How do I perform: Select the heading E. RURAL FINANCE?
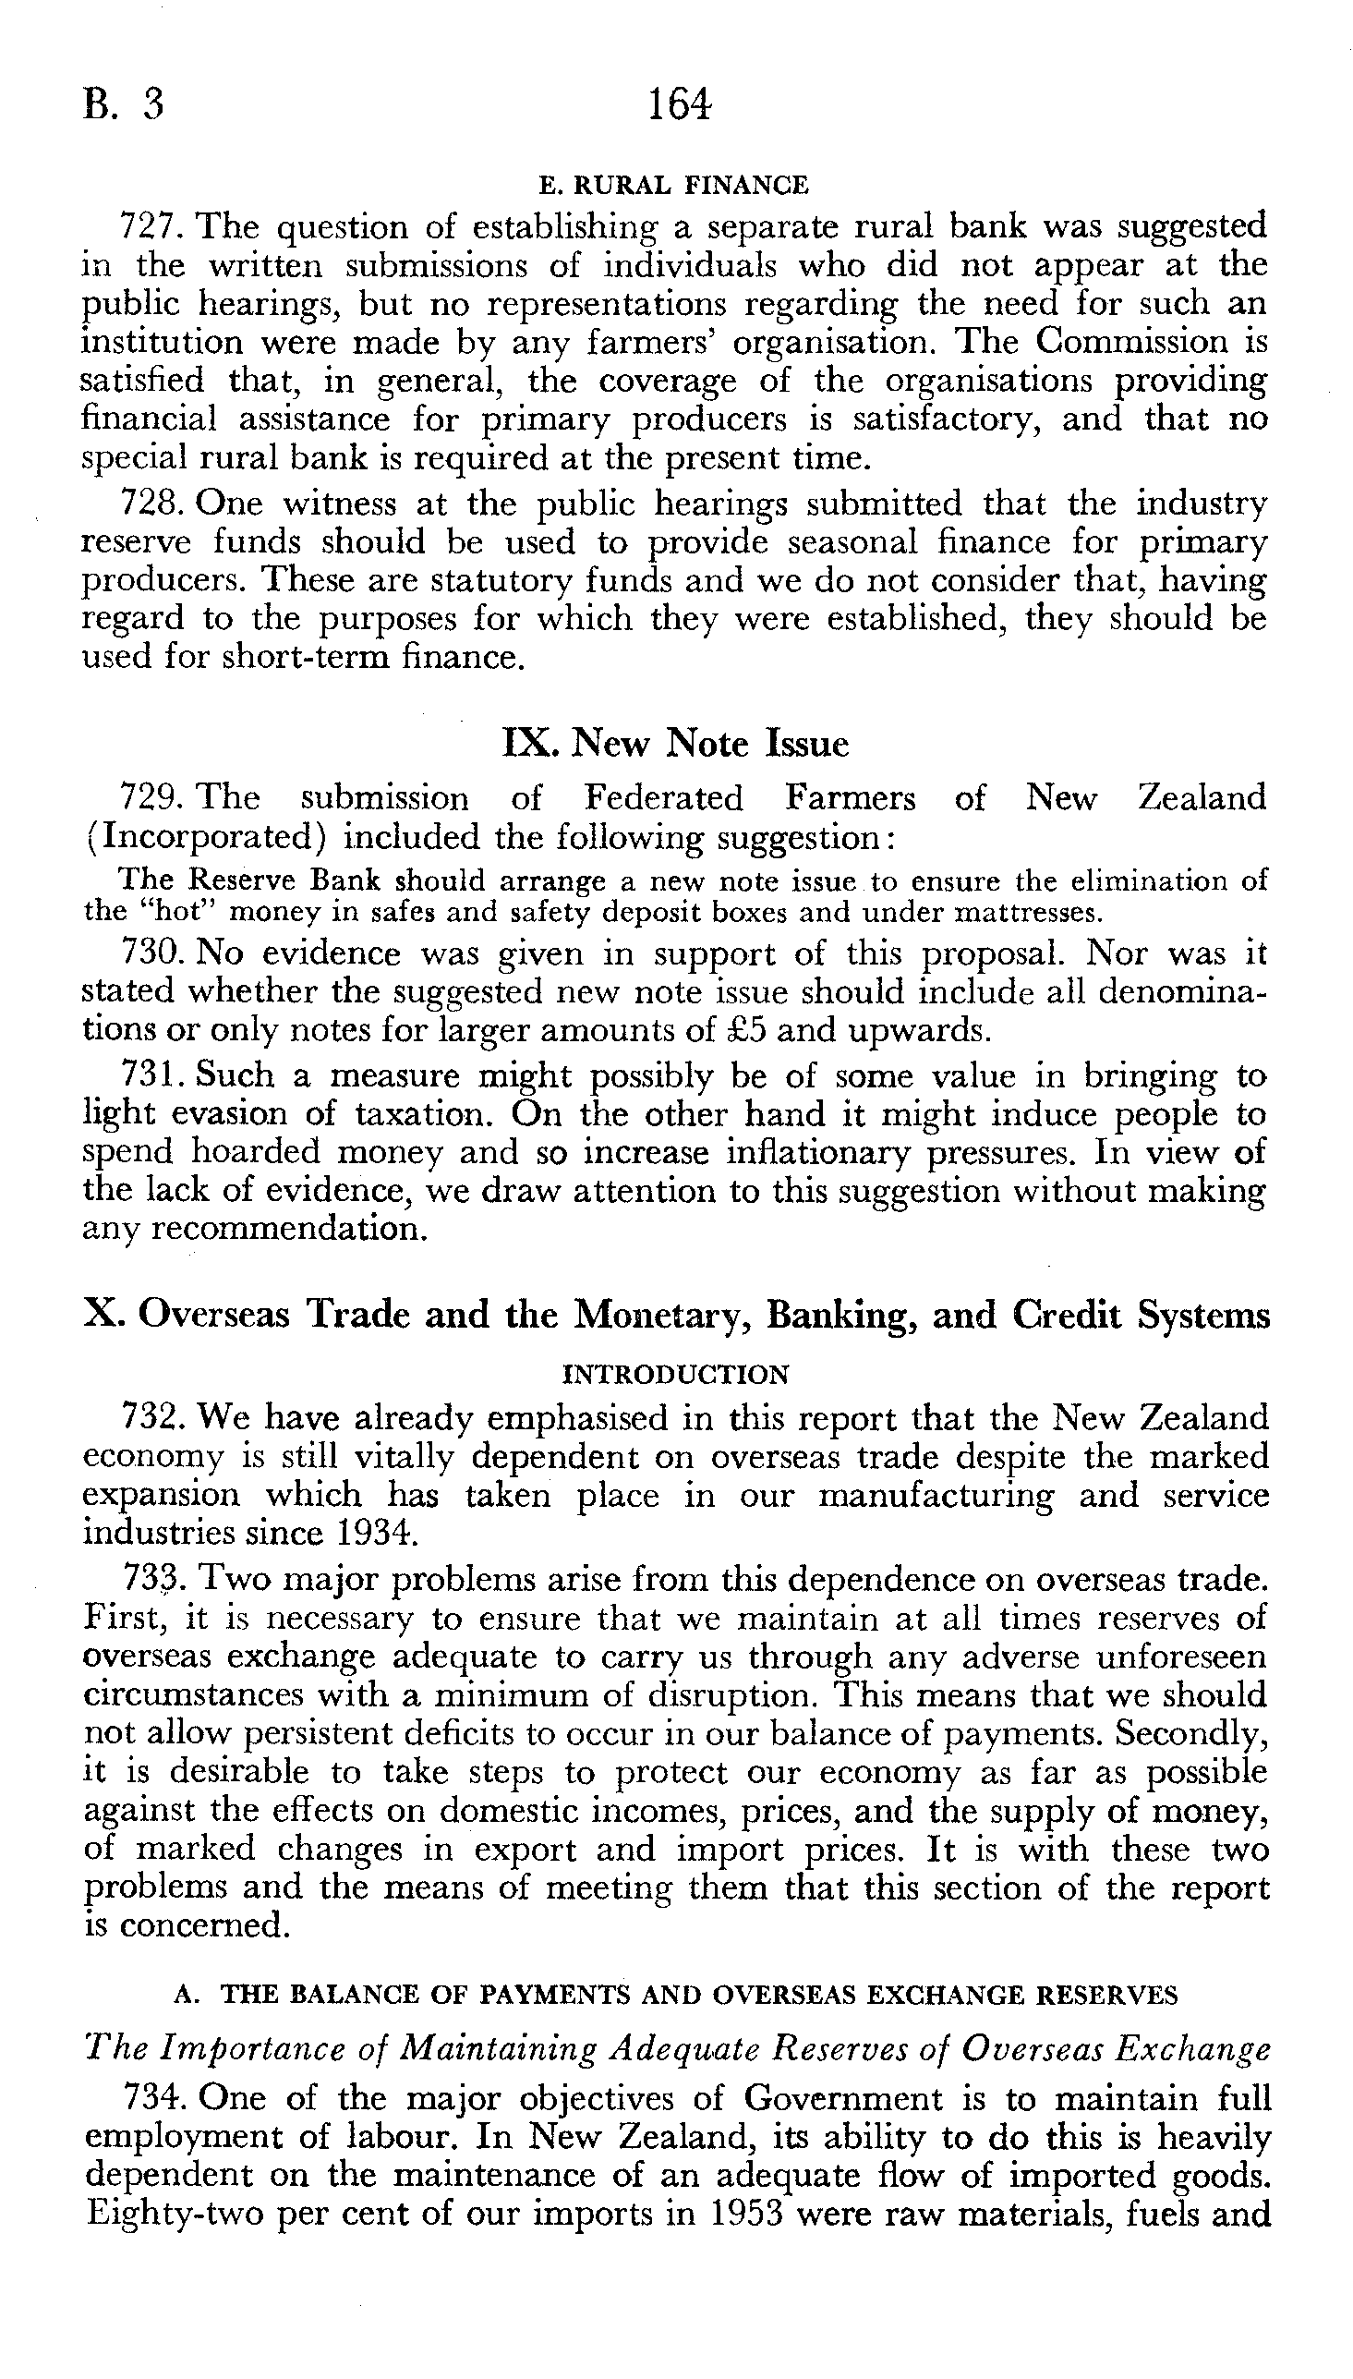click(673, 186)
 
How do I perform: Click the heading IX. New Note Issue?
click(674, 743)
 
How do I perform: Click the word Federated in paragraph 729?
click(663, 798)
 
